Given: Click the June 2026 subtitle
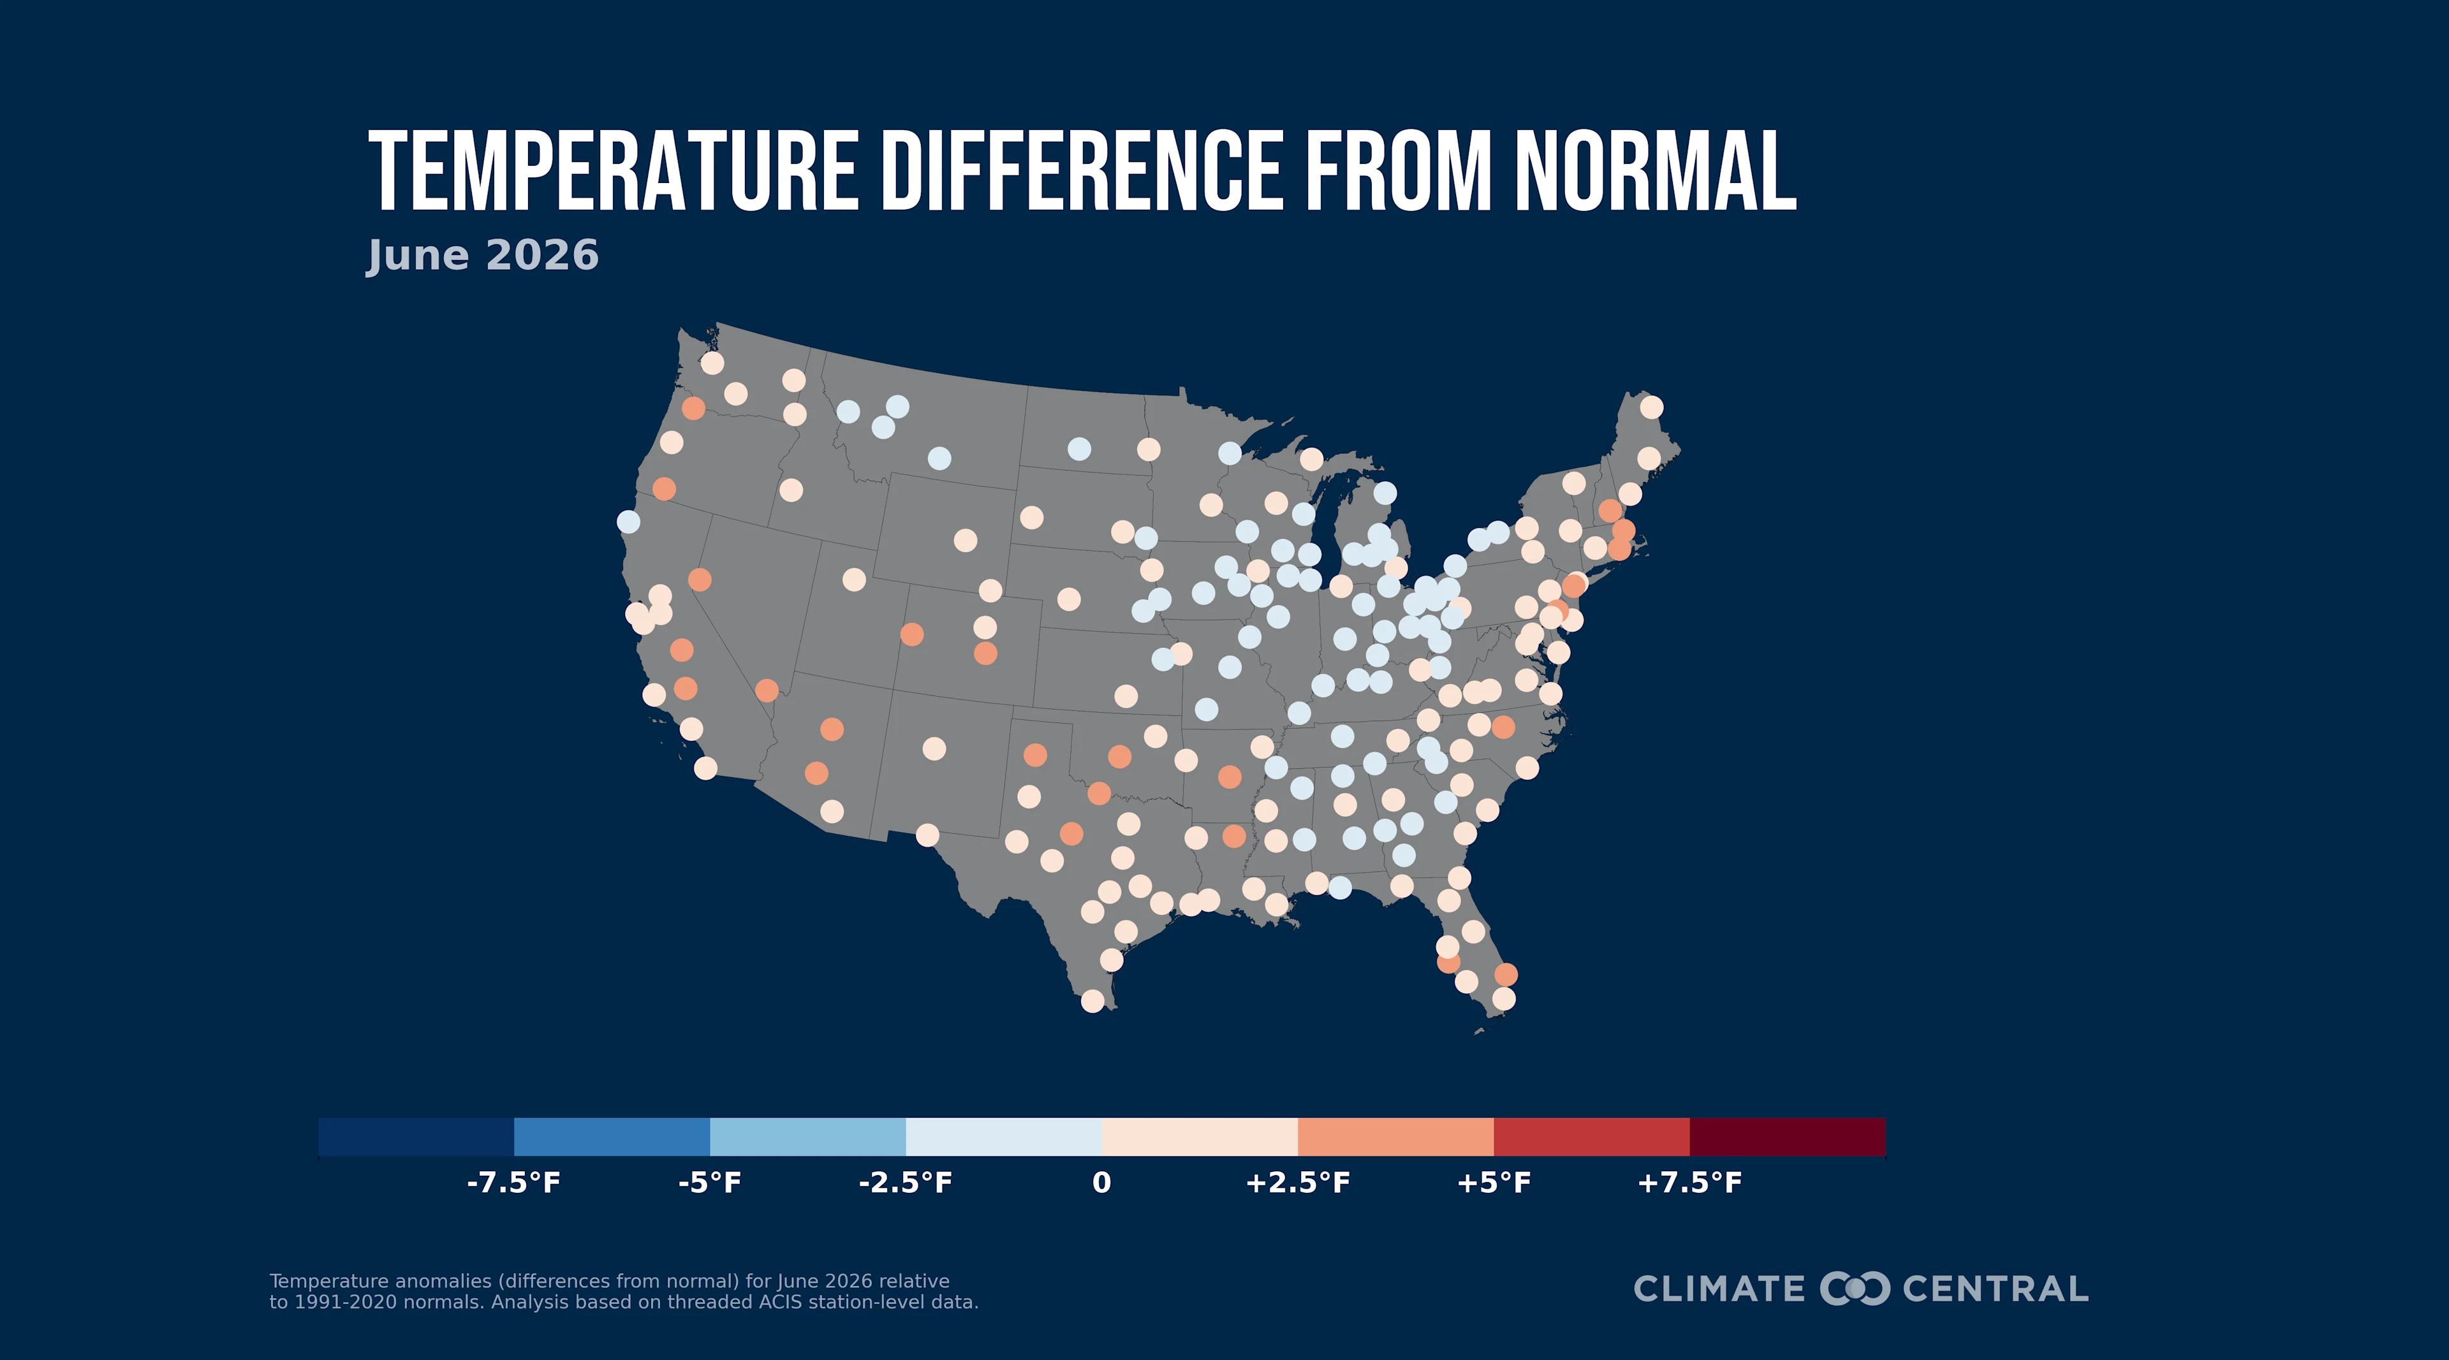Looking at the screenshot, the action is click(x=483, y=256).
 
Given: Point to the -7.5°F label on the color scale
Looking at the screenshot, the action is click(x=513, y=1183).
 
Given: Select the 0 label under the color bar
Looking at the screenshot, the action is click(x=1102, y=1183).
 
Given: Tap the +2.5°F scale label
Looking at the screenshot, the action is click(x=1298, y=1183).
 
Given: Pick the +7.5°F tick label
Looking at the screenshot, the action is click(x=1689, y=1183).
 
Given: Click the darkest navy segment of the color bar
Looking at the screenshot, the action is click(x=415, y=1137).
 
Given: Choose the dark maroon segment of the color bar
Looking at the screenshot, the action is click(x=1787, y=1137).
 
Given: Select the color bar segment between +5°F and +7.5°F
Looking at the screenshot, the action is click(x=1591, y=1137).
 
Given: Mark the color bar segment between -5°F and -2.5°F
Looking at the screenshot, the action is click(x=808, y=1137).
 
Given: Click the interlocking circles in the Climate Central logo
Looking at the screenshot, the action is click(x=1855, y=1289).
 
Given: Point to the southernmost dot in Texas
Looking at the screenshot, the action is click(x=1092, y=1001).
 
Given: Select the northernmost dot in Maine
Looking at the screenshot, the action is click(x=1651, y=407).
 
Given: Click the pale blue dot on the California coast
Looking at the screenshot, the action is click(x=628, y=522).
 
